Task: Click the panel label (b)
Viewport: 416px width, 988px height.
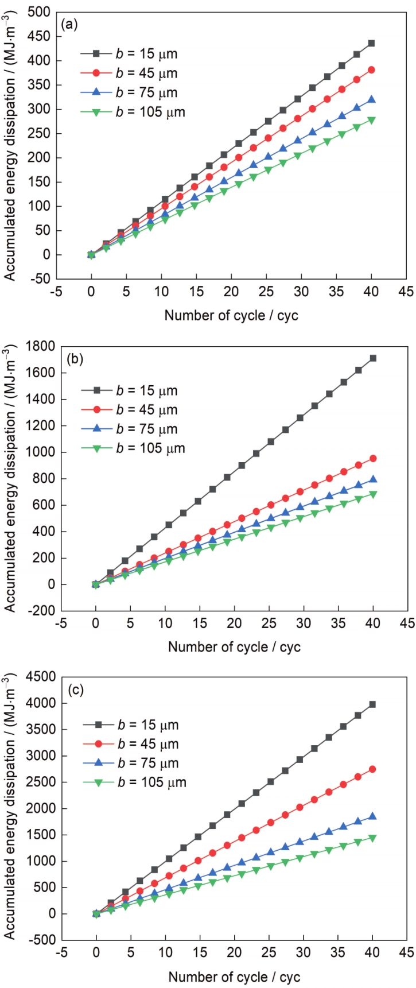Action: [x=76, y=359]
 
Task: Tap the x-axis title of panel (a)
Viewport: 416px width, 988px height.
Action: [x=231, y=315]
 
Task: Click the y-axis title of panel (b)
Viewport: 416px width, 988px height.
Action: [x=10, y=478]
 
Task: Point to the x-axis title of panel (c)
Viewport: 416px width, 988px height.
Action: [x=234, y=977]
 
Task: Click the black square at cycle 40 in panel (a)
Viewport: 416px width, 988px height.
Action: [x=371, y=43]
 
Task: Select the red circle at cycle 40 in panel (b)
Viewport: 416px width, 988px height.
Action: [x=373, y=459]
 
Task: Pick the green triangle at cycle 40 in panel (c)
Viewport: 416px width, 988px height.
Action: [x=373, y=838]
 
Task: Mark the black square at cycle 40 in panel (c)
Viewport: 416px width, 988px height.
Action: [x=373, y=704]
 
